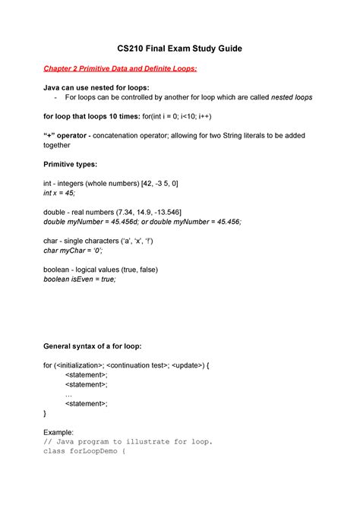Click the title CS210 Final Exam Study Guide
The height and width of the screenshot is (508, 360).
coord(179,49)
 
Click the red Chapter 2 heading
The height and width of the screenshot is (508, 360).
coord(120,69)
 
